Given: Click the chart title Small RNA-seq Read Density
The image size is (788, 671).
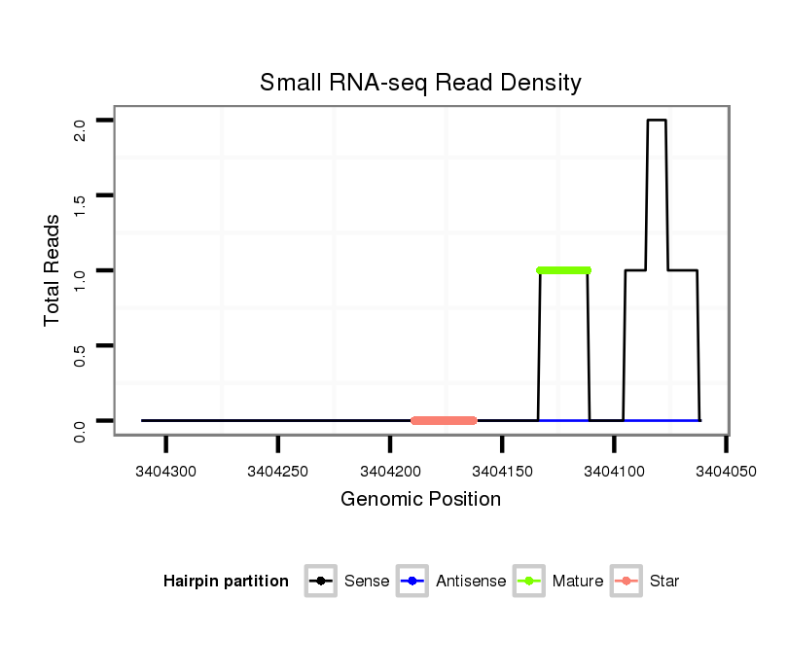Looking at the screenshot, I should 420,83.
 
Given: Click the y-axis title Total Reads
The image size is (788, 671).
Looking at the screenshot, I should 54,269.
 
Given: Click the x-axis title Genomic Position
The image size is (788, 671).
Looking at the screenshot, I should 420,500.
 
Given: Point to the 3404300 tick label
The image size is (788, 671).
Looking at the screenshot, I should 166,472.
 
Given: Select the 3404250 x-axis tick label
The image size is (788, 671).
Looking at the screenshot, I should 278,472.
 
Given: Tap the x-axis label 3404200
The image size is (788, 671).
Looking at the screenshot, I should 390,472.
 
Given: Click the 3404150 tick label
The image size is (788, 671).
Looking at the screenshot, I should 502,472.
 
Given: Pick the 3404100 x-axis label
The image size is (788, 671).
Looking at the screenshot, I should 614,472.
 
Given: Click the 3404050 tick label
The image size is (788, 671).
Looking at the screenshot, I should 726,472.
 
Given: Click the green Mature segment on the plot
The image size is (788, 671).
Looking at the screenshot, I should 563,269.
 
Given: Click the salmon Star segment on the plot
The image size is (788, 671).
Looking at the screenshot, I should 444,420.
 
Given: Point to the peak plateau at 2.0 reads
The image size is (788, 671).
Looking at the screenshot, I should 657,121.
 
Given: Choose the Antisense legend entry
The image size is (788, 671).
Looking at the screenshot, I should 452,582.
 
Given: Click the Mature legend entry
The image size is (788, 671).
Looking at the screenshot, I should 558,582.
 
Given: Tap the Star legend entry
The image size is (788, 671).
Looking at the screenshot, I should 645,582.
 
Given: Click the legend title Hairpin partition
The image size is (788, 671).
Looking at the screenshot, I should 226,582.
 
